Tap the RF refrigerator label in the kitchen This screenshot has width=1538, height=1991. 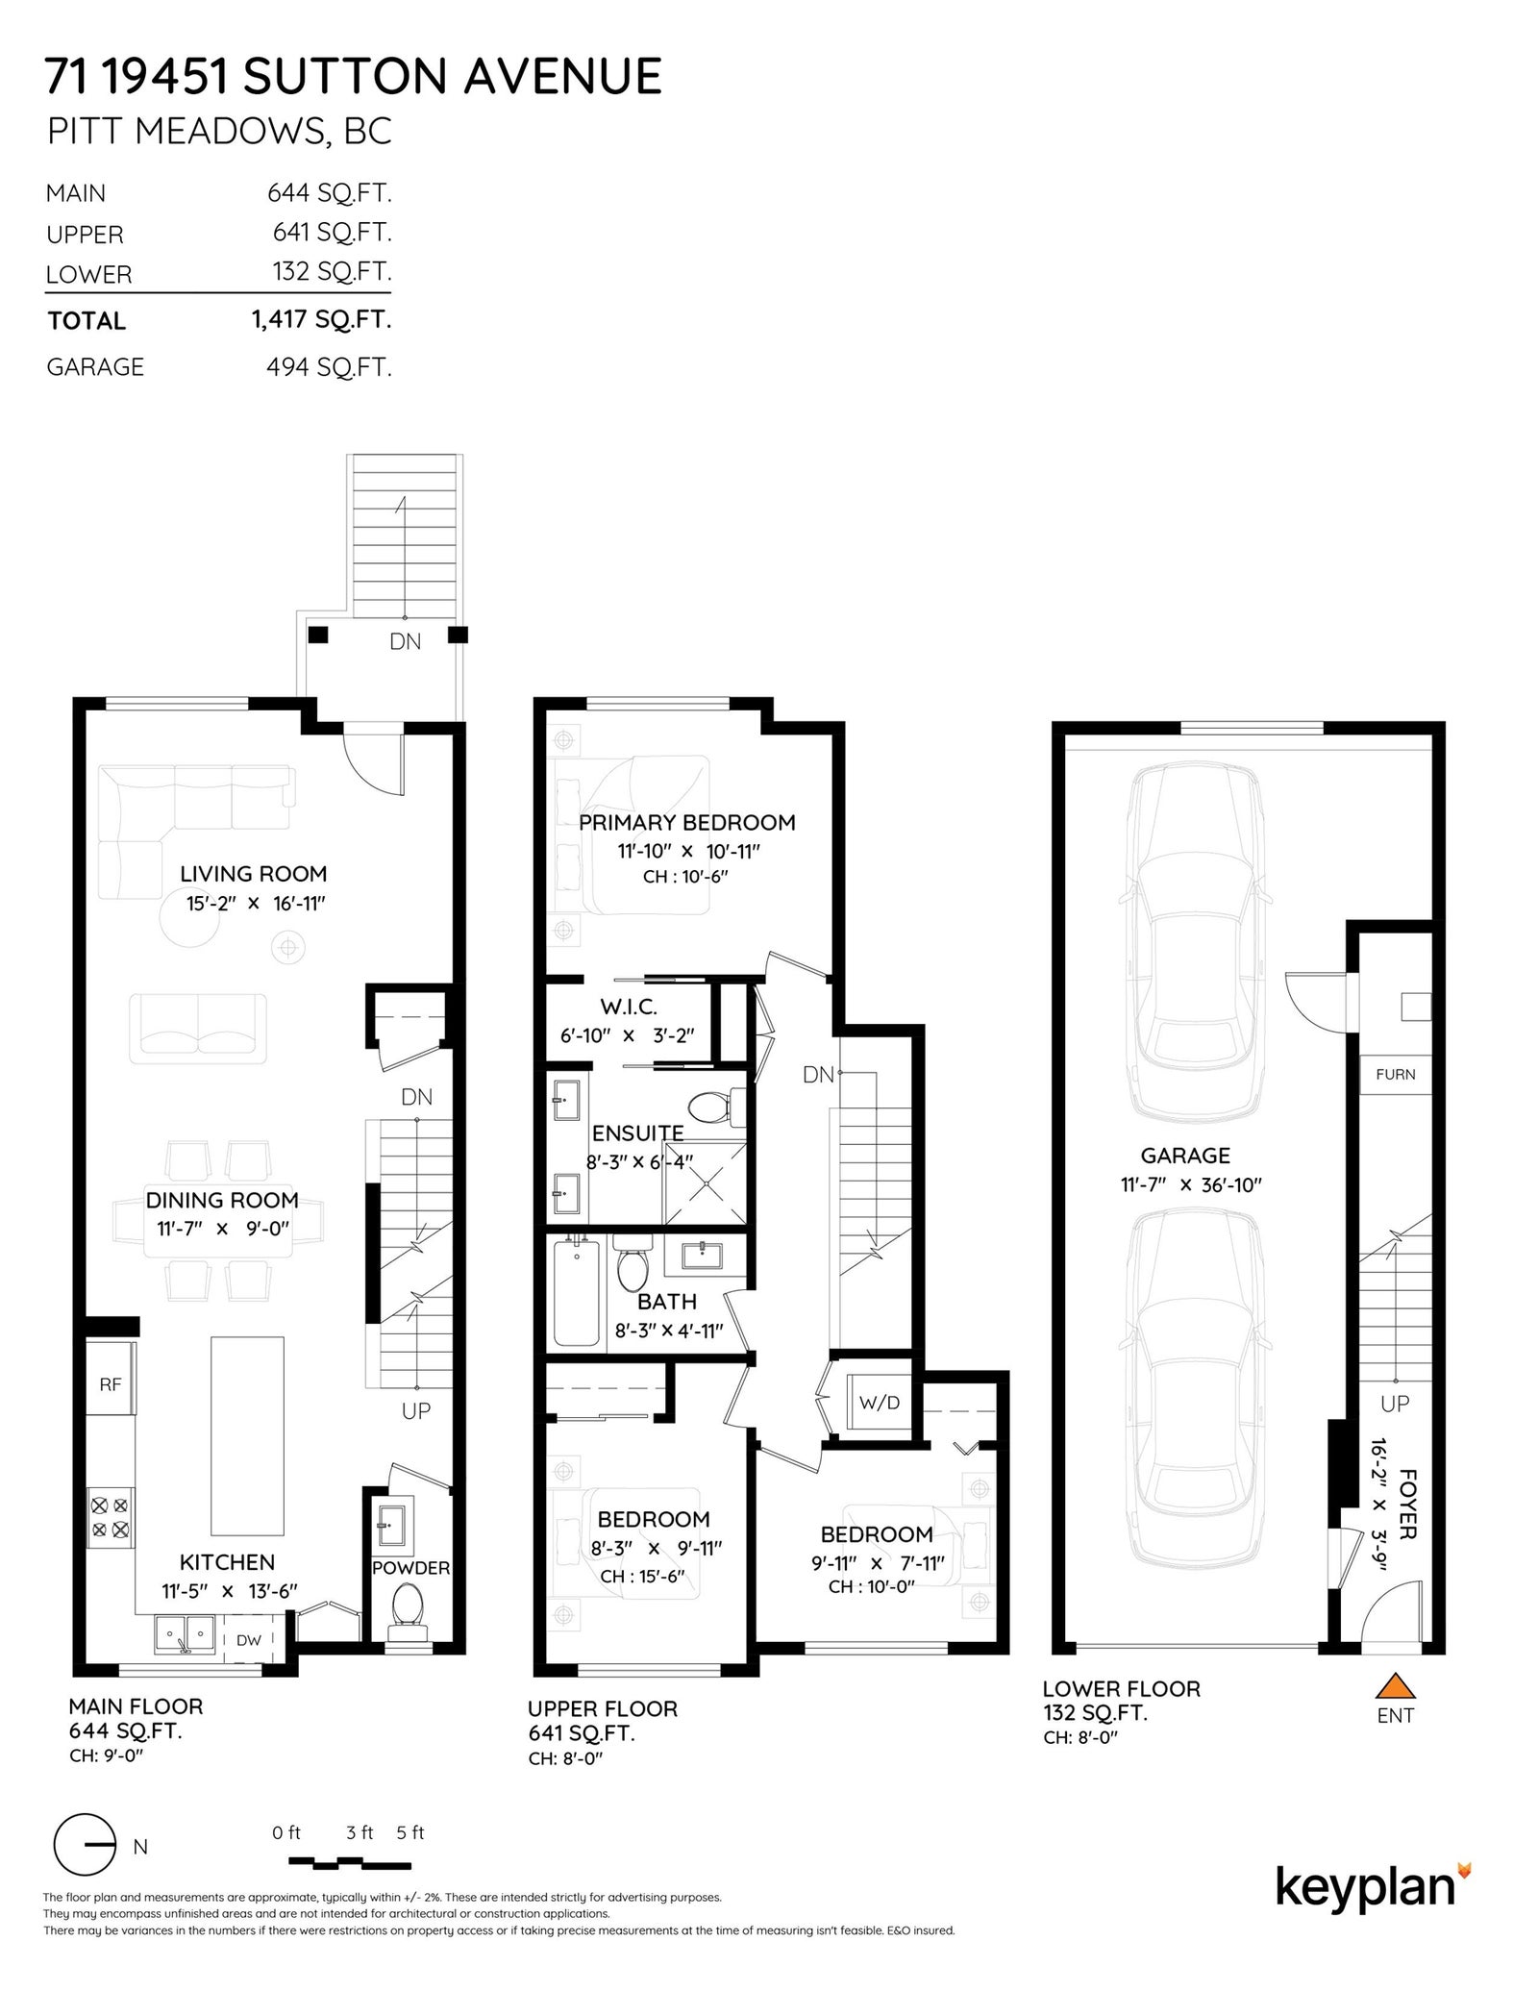point(110,1384)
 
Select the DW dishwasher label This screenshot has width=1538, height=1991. point(248,1640)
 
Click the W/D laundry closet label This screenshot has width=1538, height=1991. point(879,1402)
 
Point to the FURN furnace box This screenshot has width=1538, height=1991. point(1395,1074)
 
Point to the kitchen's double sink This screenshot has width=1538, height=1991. point(186,1632)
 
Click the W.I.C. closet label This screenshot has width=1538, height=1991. point(629,1008)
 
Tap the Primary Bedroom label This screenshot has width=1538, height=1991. point(687,822)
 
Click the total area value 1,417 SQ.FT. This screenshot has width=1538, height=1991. point(322,319)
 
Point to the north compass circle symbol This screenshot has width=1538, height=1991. point(85,1845)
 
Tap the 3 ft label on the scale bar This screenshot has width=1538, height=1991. point(360,1832)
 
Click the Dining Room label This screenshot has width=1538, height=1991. point(222,1200)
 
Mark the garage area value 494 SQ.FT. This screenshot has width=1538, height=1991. point(329,366)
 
